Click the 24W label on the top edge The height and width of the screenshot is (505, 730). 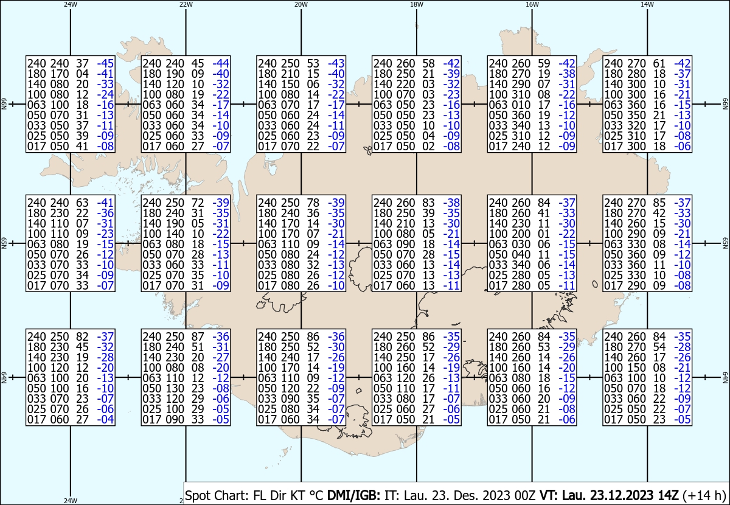coord(71,4)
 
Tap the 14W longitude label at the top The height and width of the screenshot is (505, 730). coord(647,4)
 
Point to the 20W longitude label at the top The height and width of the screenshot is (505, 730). coord(301,4)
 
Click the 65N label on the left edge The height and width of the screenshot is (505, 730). coord(4,243)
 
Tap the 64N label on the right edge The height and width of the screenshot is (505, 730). coord(725,377)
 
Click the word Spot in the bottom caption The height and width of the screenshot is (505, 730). coord(200,495)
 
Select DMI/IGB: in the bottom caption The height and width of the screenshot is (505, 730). coord(353,495)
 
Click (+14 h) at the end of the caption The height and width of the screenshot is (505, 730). coord(704,495)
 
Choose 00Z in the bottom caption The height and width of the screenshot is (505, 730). coord(525,495)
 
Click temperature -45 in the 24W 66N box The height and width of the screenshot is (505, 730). coord(105,63)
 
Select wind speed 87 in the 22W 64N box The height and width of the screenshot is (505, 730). coord(198,336)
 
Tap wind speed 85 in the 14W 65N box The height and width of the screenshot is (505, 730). coord(659,203)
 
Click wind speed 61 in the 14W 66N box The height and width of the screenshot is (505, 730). coord(659,63)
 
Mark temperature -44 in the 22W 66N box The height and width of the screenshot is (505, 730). coord(221,63)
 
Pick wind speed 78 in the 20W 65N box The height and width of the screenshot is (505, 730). coord(313,203)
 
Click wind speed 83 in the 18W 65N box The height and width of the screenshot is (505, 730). coord(428,203)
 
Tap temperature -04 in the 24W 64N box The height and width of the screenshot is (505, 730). coord(105,419)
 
